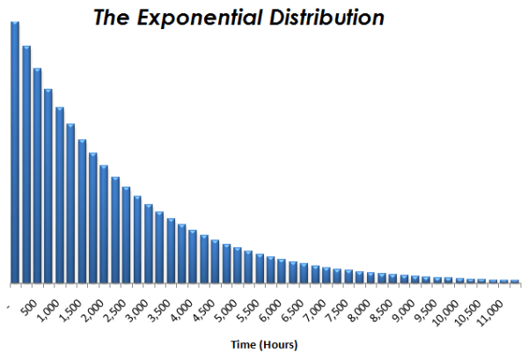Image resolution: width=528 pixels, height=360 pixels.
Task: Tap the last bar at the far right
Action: pos(515,282)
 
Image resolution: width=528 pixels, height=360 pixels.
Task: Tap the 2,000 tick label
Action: pos(94,307)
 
